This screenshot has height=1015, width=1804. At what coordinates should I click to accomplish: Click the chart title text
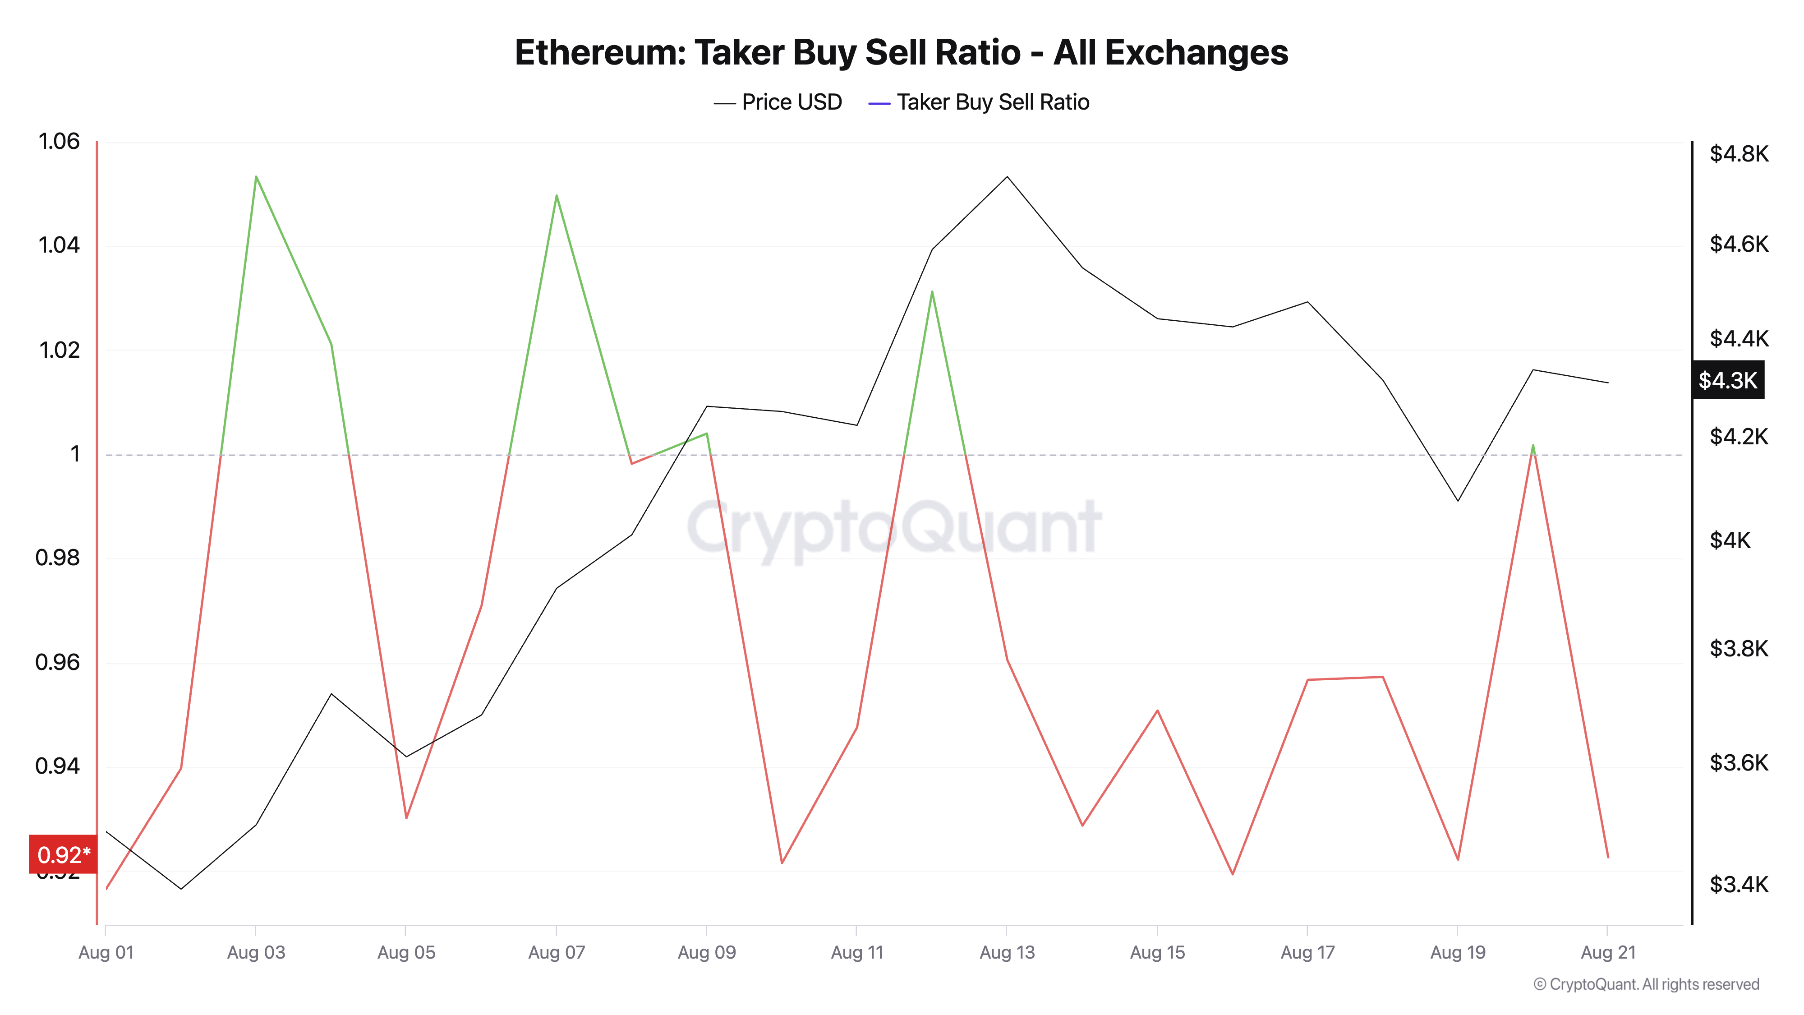coord(901,52)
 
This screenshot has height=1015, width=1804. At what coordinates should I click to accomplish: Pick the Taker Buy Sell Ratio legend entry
coord(979,102)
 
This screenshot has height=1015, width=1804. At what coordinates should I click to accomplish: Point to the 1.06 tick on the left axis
coord(59,142)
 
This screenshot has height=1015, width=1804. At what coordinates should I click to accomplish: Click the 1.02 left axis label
coord(59,350)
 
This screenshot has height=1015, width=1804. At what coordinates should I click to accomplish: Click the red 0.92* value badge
coord(63,854)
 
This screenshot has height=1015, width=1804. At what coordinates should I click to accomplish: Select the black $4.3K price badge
coord(1728,380)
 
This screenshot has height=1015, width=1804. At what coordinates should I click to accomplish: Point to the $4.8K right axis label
coord(1738,153)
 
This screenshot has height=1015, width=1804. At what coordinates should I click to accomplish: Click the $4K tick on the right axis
coord(1730,540)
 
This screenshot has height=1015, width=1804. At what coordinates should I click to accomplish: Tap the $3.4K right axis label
coord(1738,885)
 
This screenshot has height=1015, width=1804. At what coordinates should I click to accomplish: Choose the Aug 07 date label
coord(556,953)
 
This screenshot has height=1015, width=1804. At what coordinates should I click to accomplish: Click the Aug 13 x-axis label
coord(1006,953)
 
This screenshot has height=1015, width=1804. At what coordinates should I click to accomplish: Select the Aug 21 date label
coord(1608,953)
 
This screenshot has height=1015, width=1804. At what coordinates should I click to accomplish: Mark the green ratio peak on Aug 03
coord(256,176)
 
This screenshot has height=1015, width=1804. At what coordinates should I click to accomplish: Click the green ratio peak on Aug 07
coord(557,195)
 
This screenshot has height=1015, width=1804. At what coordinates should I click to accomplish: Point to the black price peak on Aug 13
coord(1007,176)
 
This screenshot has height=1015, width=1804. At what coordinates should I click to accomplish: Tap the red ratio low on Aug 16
coord(1233,873)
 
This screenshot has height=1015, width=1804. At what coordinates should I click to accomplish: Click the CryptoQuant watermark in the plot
coord(894,527)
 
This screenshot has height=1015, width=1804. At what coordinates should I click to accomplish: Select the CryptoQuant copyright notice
coord(1646,984)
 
